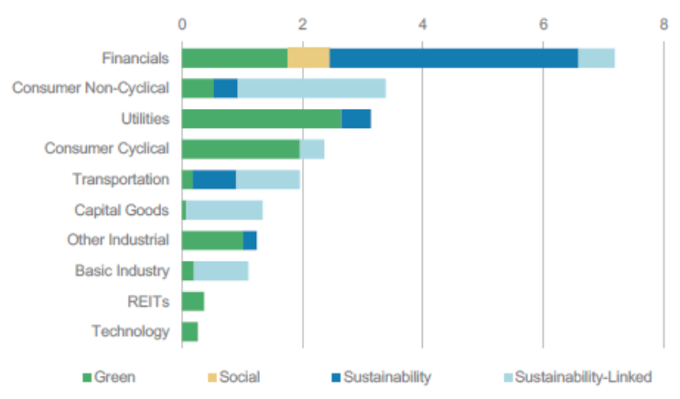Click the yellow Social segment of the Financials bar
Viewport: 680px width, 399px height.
[308, 58]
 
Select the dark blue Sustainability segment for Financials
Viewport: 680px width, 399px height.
[453, 58]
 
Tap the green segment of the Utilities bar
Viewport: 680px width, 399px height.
[262, 119]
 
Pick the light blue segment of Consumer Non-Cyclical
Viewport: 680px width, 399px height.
[311, 88]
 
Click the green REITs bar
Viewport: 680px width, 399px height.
[193, 301]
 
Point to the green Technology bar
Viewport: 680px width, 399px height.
[190, 331]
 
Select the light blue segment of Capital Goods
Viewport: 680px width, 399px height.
[224, 210]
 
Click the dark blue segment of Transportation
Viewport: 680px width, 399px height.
[214, 179]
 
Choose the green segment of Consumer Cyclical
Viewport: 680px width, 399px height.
[241, 149]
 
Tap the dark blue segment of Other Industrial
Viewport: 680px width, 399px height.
[250, 241]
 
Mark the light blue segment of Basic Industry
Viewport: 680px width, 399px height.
[221, 271]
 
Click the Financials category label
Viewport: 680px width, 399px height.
[135, 58]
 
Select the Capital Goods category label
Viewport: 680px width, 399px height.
[122, 210]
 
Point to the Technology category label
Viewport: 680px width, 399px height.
[131, 331]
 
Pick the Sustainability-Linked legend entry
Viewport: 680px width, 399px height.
[576, 376]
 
